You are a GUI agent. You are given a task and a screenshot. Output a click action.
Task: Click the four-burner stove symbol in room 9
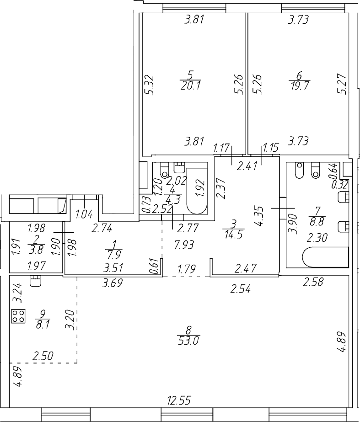[18, 315]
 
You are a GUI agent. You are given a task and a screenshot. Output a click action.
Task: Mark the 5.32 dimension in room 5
[148, 85]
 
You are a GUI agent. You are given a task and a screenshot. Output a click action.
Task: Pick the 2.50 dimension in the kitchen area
[41, 355]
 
